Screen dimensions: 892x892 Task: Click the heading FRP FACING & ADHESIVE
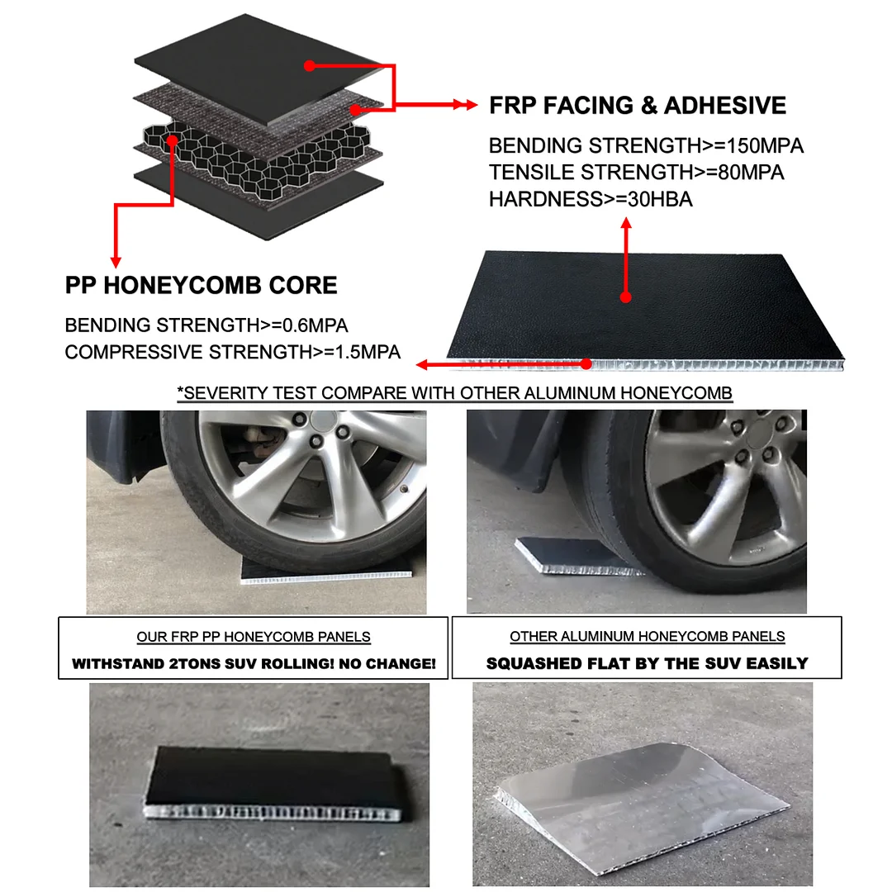point(637,105)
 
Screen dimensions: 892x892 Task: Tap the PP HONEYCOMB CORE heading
point(201,285)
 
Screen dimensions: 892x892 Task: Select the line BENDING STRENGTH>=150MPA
point(646,145)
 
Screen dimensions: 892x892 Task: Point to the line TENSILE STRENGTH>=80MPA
point(636,173)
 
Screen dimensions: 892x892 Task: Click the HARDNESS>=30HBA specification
point(591,199)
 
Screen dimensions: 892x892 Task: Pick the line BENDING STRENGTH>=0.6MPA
point(206,325)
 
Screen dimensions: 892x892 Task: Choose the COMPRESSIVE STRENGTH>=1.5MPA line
point(232,352)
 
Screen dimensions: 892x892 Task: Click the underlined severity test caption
point(454,393)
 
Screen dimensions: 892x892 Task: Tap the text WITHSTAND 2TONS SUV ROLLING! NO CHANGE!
point(254,663)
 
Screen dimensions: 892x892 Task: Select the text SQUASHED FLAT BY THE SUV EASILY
point(647,663)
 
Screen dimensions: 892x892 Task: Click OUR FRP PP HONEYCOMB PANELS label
point(254,637)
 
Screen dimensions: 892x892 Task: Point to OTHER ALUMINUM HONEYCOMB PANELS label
point(647,636)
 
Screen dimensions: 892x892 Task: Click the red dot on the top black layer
point(310,66)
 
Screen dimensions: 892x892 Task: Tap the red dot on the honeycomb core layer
point(173,140)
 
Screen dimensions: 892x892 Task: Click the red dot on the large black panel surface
point(626,297)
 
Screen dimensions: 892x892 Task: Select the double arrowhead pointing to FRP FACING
point(465,105)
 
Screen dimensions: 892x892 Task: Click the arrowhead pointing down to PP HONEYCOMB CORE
point(116,262)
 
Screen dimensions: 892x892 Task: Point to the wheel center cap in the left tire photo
point(323,421)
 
